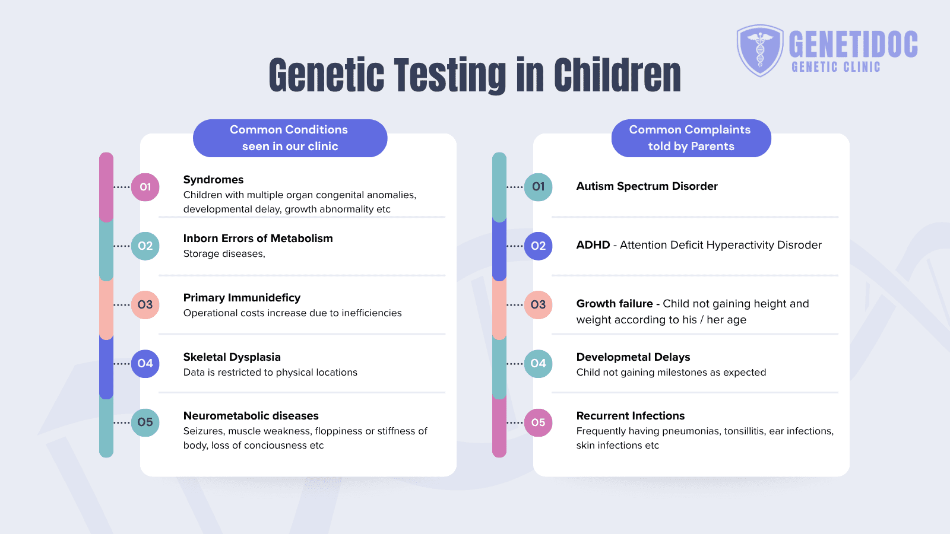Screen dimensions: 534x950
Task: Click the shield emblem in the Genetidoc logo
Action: tap(760, 50)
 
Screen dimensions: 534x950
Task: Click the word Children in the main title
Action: tap(617, 75)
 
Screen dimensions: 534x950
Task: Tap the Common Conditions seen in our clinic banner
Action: tap(290, 138)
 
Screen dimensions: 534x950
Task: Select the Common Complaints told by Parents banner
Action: tap(691, 138)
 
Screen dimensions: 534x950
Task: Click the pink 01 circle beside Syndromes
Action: tap(145, 187)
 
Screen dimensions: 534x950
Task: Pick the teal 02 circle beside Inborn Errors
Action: tap(145, 246)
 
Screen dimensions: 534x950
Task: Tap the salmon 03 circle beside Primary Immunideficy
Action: tap(145, 304)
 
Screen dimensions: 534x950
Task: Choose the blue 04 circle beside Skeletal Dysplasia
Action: tap(145, 363)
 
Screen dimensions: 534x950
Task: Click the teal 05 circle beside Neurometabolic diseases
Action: tap(145, 422)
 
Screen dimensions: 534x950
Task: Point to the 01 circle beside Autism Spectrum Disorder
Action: tap(539, 187)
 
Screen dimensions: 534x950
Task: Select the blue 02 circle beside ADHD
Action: tap(539, 246)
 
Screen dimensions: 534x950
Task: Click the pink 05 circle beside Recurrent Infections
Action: tap(539, 422)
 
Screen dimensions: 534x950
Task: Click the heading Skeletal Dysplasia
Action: tap(232, 357)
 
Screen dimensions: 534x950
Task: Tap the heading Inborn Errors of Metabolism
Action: tap(258, 239)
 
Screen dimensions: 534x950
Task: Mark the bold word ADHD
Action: tap(593, 245)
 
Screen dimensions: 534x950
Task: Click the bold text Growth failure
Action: tap(614, 304)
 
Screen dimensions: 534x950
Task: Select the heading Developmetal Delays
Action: tap(633, 357)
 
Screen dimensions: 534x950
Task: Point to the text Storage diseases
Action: tap(224, 254)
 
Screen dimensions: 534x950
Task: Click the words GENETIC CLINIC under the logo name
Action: tap(835, 67)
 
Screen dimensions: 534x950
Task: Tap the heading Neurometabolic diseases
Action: tap(251, 416)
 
